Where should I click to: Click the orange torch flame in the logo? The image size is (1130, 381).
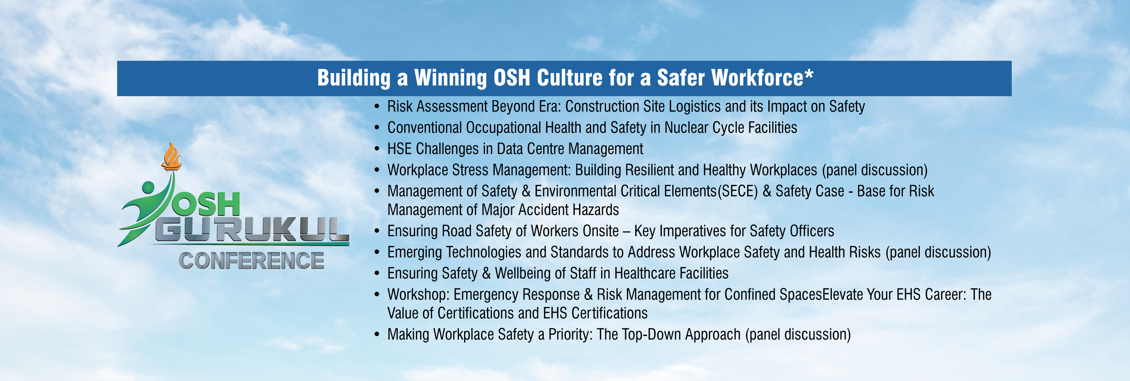pyautogui.click(x=171, y=157)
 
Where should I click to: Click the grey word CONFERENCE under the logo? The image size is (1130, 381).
pyautogui.click(x=251, y=260)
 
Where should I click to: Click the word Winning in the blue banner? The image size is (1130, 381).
pyautogui.click(x=450, y=78)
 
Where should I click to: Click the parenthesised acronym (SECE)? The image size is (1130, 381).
pyautogui.click(x=737, y=191)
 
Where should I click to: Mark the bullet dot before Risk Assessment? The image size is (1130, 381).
pyautogui.click(x=377, y=106)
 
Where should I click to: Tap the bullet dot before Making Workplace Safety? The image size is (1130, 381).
pyautogui.click(x=377, y=334)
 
